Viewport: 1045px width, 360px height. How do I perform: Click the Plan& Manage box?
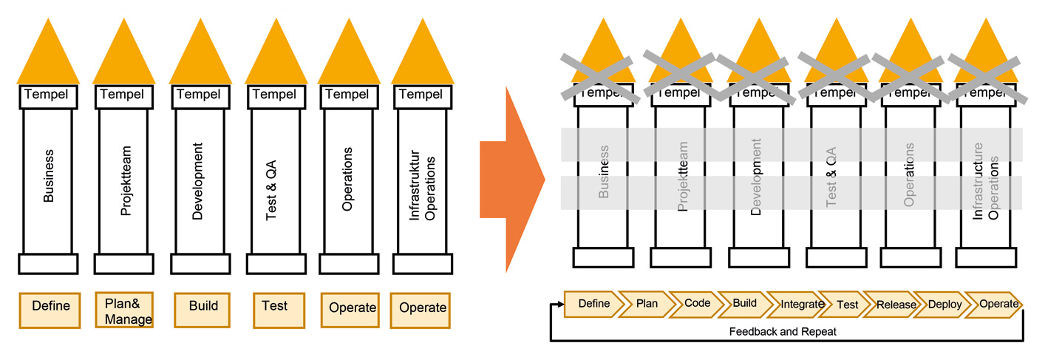pos(123,310)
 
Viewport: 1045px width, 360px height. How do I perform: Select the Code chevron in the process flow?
pos(695,304)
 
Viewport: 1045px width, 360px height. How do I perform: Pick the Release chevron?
pos(895,305)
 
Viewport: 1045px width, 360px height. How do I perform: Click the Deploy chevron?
pos(944,305)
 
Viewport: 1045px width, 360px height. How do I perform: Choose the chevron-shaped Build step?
pos(743,304)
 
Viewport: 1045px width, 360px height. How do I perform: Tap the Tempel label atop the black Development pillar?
pos(198,95)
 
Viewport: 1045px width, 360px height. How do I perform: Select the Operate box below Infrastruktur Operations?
pos(423,308)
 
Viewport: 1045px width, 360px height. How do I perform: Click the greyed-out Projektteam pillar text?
pos(684,177)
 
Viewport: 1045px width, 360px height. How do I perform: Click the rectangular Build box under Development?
pos(203,307)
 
